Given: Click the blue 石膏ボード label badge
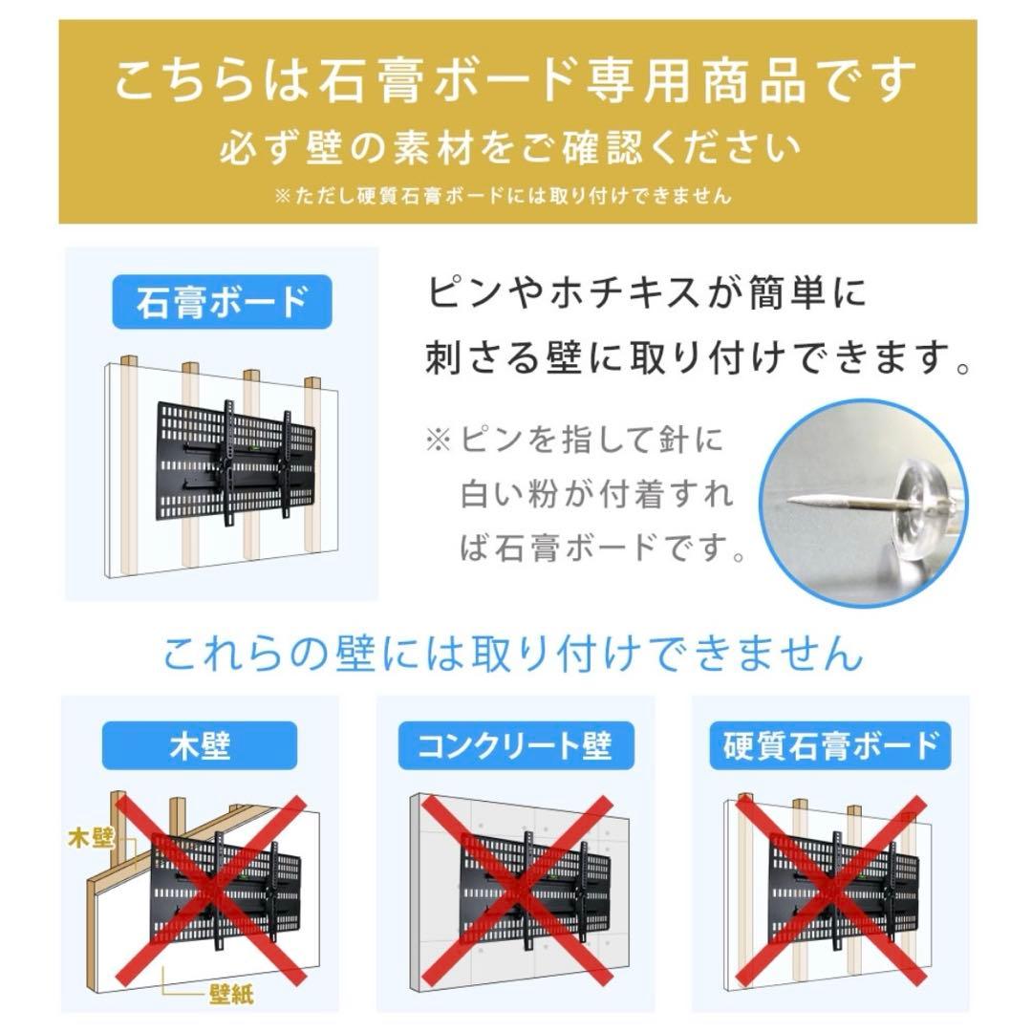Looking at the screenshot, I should (222, 303).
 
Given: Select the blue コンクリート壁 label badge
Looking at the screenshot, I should (515, 744).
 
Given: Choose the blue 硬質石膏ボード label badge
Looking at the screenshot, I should (829, 744).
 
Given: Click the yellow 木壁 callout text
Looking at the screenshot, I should (92, 838).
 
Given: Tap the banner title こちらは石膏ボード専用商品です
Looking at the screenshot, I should (517, 80).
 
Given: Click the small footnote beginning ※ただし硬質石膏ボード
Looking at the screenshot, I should (503, 196).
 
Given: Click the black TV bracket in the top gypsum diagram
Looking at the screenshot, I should (234, 461).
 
